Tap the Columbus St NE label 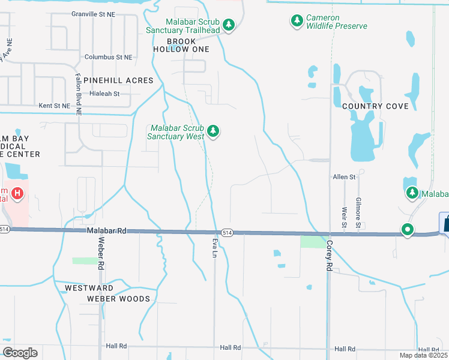coord(109,57)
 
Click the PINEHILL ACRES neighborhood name coord(118,80)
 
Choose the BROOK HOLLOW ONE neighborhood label coord(181,45)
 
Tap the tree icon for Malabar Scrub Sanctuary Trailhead coord(228,25)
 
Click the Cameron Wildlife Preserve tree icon coord(297,22)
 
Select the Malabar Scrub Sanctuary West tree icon coord(212,131)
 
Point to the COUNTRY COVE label coord(375,106)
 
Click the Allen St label coord(345,177)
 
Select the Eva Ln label coord(214,247)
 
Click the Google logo coord(20,352)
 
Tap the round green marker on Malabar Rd coord(408,229)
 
